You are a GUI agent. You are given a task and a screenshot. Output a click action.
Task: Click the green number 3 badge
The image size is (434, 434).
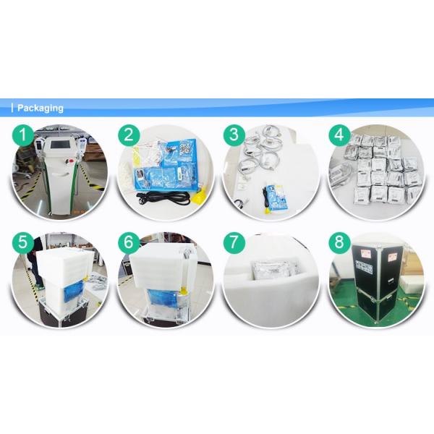click(234, 135)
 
